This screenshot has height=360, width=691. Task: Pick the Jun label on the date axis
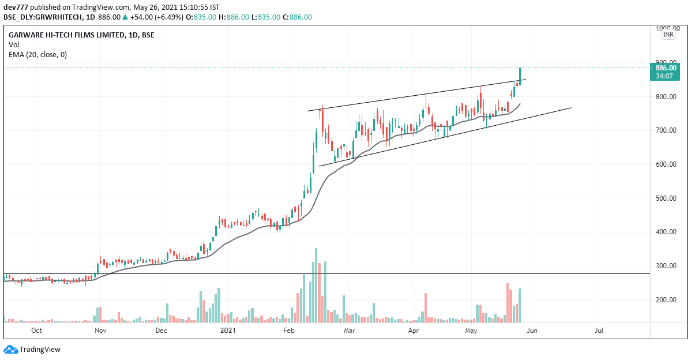[x=532, y=331]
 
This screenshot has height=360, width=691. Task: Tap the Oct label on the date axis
[x=36, y=331]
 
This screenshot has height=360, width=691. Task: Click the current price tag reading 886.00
[x=666, y=67]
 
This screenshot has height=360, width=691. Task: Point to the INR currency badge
[x=668, y=35]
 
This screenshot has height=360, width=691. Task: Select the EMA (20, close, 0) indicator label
[x=37, y=55]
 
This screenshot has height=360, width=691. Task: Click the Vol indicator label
[x=14, y=44]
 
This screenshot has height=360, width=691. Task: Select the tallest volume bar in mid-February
[x=316, y=284]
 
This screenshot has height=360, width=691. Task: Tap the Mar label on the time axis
[x=348, y=331]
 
